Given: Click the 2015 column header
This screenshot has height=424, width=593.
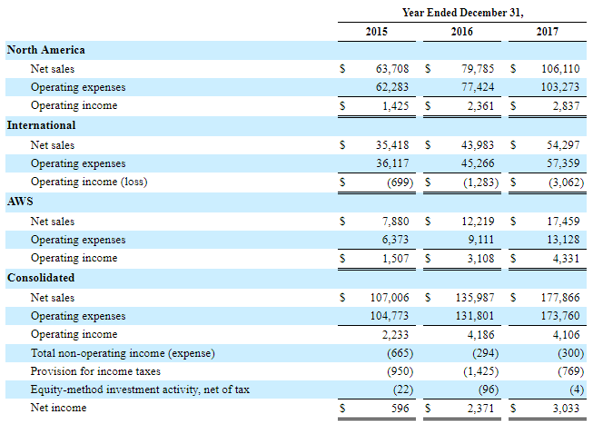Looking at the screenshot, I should tap(376, 32).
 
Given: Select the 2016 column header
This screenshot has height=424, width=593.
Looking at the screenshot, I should tap(461, 32).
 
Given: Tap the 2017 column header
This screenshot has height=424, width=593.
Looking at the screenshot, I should tap(547, 32).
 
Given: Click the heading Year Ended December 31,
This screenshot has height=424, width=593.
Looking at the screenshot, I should tap(462, 11).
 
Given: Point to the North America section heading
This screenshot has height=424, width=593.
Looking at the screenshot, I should tap(46, 50).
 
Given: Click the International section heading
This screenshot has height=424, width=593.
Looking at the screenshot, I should tap(41, 125).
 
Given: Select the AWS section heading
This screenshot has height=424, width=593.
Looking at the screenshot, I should tap(20, 202).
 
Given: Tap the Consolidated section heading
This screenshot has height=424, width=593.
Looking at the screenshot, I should tap(41, 277).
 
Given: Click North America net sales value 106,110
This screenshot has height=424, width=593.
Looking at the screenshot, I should tap(561, 68).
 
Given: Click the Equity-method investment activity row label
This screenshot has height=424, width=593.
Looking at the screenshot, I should tap(140, 389).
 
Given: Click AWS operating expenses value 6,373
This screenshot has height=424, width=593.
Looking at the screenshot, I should tap(398, 240).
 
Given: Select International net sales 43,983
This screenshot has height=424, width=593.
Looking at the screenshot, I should tap(479, 144).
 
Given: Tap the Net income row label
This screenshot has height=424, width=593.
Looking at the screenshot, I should tap(58, 409).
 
